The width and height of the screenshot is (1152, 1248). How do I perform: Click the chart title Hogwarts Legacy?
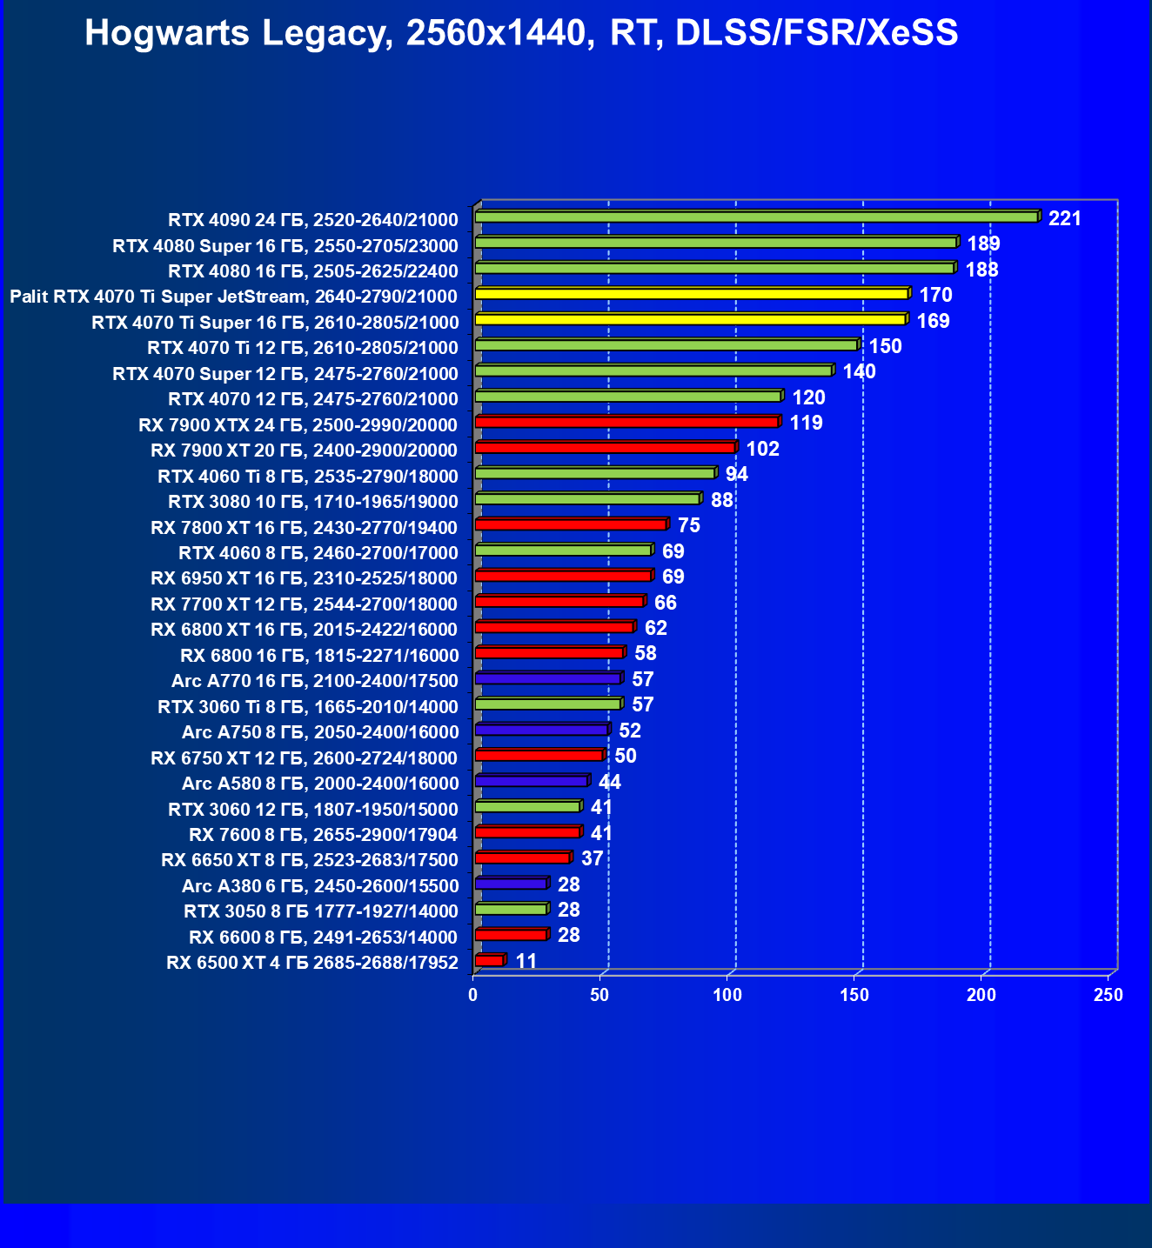point(521,33)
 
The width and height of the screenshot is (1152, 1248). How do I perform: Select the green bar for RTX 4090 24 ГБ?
point(756,217)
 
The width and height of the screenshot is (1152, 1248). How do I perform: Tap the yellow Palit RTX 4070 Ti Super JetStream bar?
point(691,294)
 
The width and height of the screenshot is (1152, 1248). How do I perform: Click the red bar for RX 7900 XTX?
point(626,423)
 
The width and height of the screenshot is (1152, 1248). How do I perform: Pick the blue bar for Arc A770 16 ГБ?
point(547,678)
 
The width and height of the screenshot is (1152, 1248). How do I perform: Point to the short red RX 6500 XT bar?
point(489,960)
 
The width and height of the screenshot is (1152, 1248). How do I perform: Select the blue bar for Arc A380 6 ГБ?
point(511,884)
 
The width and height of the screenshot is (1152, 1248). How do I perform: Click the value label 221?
point(1065,218)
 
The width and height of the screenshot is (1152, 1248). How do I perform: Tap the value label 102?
point(763,449)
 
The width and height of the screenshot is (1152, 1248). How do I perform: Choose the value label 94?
point(737,474)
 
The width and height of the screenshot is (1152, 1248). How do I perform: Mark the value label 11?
point(526,961)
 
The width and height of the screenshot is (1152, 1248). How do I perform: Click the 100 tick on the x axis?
point(727,995)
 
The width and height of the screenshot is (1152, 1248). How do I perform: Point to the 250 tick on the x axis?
point(1108,995)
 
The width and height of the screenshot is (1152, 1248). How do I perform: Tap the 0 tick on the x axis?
point(473,995)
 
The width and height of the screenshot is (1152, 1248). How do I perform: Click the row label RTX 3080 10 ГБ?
point(312,501)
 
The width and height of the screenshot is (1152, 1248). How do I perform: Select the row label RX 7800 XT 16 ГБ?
point(304,527)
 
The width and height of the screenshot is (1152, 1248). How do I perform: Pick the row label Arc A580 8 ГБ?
point(319,783)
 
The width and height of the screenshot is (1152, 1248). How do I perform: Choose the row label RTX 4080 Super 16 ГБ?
point(285,245)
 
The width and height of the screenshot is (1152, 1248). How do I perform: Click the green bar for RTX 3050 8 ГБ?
point(511,909)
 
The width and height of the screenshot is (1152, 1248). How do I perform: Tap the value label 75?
point(689,525)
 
